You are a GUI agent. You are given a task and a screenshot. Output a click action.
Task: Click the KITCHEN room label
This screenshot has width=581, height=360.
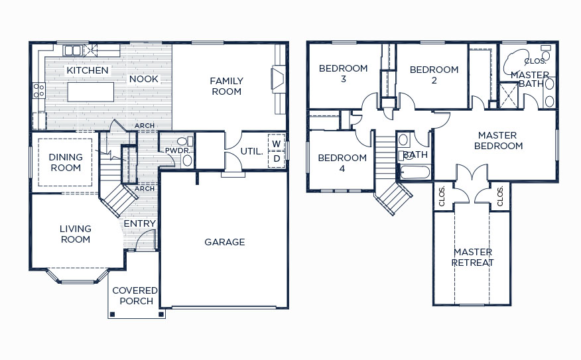coord(88,70)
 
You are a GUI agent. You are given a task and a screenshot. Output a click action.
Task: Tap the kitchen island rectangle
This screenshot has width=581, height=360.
coord(91,92)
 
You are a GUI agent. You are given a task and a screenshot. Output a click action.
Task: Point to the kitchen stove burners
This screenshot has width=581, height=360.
coord(39,91)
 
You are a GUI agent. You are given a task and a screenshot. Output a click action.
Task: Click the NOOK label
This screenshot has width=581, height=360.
coord(144,79)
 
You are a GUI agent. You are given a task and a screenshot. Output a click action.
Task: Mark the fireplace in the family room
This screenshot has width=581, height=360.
coord(279,78)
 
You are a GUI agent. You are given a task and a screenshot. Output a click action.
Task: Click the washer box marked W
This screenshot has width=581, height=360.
coord(277,143)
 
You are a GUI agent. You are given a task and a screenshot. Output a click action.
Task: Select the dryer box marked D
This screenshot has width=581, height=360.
coord(277,159)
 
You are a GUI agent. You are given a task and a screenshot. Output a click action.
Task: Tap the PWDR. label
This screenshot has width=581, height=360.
coord(177,150)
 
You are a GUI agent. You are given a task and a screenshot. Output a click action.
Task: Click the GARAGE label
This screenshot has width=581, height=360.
coord(225,242)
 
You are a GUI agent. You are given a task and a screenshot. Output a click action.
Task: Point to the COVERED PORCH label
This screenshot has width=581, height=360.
coord(135,296)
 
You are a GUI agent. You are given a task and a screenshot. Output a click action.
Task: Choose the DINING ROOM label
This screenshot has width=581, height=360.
coord(66,162)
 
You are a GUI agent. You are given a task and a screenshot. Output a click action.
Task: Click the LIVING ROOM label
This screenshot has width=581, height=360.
coord(76,234)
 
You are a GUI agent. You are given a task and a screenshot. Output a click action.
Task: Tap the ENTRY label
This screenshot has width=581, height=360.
coord(140,223)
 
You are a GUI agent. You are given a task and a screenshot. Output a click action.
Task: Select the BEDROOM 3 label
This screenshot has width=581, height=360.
coord(343,74)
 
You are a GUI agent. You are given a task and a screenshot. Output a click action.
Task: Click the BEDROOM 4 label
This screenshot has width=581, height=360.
coord(342,163)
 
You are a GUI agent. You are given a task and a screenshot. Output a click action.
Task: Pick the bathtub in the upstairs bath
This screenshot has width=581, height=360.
coord(415,172)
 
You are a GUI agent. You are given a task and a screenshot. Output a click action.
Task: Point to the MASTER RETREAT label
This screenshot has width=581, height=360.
coord(473,257)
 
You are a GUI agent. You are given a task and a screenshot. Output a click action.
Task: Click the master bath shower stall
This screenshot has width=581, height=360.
coord(508,95)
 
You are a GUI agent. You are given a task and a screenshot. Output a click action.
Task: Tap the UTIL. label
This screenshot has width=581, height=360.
coord(251,151)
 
